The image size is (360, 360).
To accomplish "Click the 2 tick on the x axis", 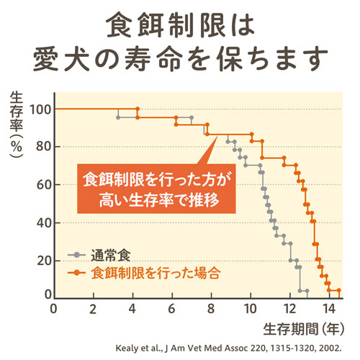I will (93, 309).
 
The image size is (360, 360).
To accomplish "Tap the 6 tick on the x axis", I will (171, 309).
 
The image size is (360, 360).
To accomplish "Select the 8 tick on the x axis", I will (210, 309).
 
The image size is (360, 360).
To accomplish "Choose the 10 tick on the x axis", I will (249, 309).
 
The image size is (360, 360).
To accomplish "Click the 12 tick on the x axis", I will (289, 309).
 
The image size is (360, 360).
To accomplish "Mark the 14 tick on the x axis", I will (328, 309).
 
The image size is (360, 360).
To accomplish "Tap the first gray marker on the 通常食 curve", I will (118, 117).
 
